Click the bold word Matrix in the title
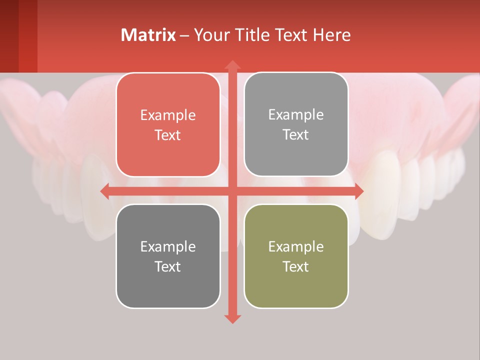[x=148, y=35]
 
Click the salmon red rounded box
[x=168, y=125]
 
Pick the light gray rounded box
[x=296, y=124]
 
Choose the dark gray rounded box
[x=168, y=256]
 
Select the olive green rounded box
[x=296, y=256]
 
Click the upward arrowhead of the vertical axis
[x=232, y=65]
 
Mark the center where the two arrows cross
[x=232, y=191]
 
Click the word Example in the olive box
[x=296, y=246]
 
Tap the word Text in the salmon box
[x=168, y=135]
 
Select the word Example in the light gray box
[x=296, y=115]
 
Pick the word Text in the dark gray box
[x=168, y=266]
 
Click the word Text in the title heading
[x=292, y=35]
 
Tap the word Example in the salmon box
[x=168, y=115]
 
